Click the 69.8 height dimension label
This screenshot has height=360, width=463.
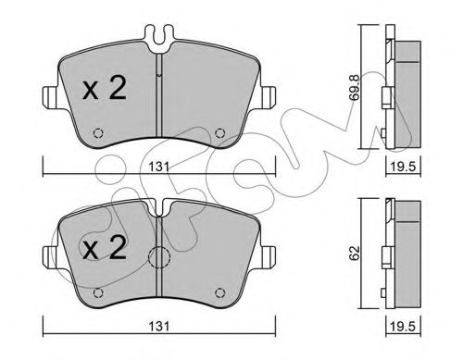355,87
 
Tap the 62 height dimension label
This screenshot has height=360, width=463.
355,253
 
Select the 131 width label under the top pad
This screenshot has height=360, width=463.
159,167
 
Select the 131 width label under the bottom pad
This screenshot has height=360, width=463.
159,327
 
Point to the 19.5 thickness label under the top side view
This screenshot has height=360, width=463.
404,167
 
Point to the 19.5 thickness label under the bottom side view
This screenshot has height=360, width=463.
404,327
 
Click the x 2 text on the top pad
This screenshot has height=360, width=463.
105,88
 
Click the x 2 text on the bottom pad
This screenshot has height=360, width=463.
105,247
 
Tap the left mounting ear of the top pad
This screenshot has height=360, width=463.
49,97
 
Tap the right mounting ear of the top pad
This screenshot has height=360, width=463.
268,97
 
